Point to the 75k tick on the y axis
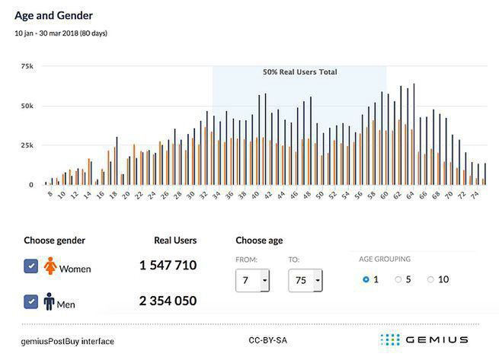[x=27, y=66]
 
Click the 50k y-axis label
[x=27, y=106]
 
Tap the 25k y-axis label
[x=27, y=145]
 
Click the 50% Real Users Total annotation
[x=299, y=72]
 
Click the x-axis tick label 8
[x=50, y=196]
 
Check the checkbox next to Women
[x=31, y=266]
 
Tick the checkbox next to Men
[x=31, y=301]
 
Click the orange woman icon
[x=50, y=266]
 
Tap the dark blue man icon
[x=50, y=302]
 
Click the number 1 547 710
[x=168, y=266]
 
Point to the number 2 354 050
[x=168, y=301]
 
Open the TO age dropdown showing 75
[x=305, y=281]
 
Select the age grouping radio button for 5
[x=398, y=280]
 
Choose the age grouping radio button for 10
[x=430, y=280]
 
